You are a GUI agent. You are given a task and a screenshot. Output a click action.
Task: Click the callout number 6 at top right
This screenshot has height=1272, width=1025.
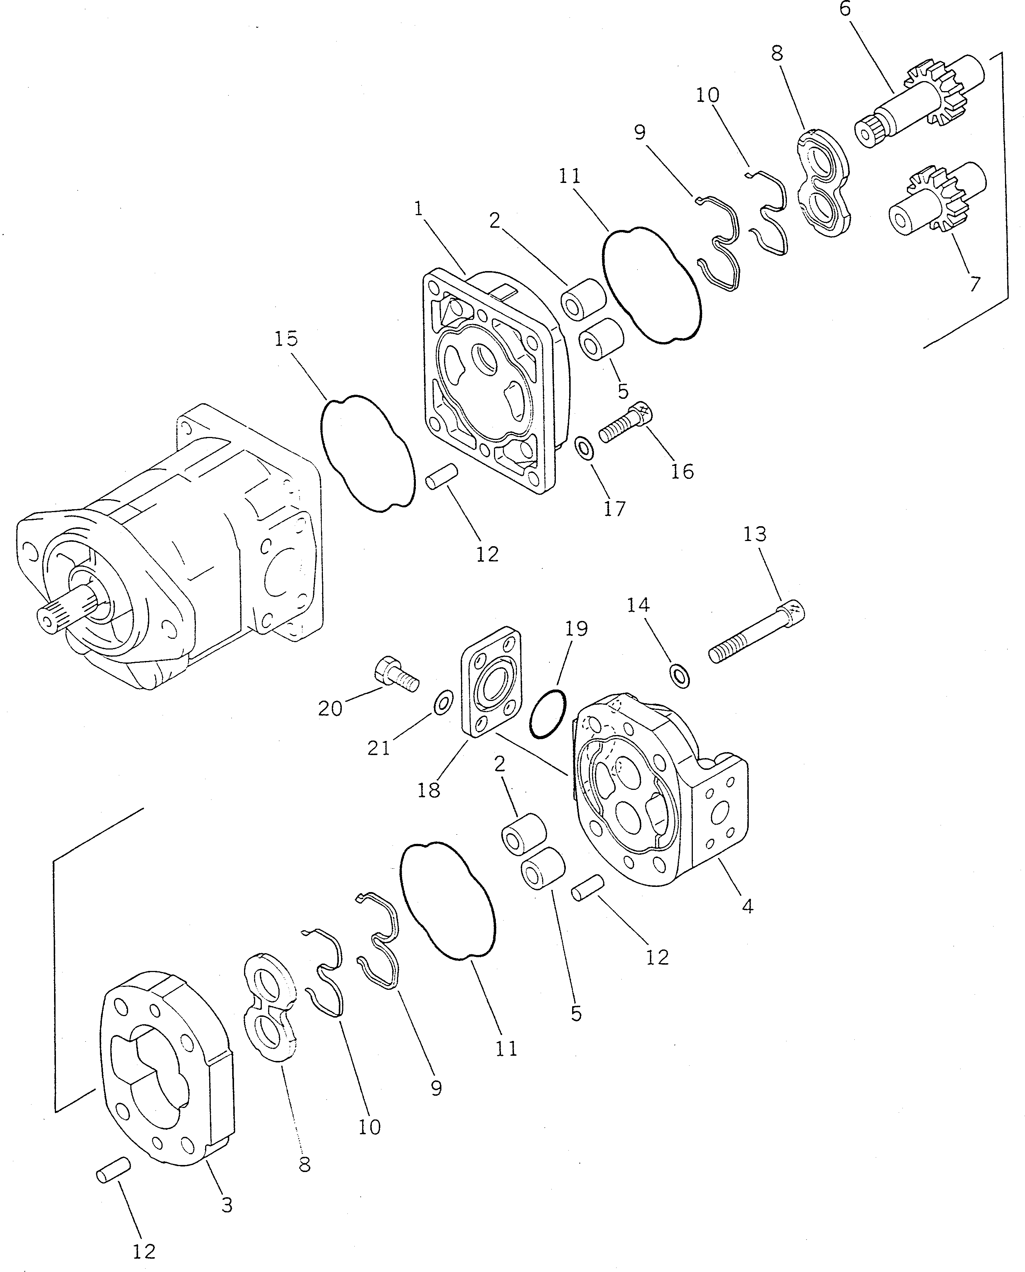tap(845, 10)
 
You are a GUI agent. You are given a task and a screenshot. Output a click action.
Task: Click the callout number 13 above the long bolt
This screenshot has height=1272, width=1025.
tap(755, 534)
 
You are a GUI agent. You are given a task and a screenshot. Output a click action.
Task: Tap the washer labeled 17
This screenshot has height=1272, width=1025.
tap(585, 450)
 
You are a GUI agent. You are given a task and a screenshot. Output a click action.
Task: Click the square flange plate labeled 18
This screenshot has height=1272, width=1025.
tap(491, 682)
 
